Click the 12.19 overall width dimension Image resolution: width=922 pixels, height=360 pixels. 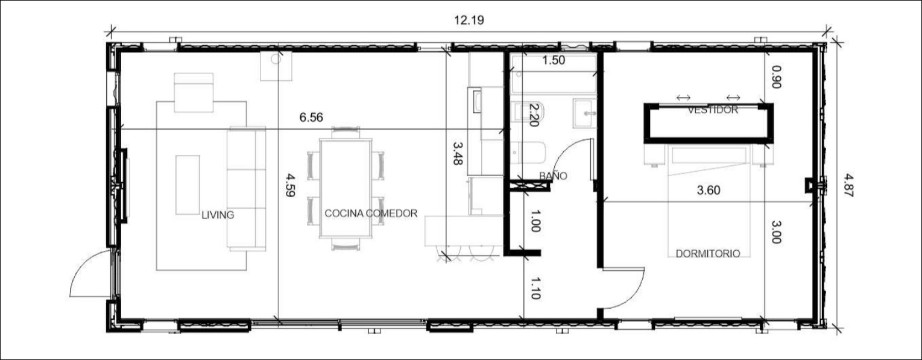(469, 20)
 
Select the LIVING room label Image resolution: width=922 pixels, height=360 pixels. (218, 215)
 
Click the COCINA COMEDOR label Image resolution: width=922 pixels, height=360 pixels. (371, 213)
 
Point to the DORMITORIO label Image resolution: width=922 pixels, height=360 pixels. (707, 254)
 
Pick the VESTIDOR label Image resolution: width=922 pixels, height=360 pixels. (713, 110)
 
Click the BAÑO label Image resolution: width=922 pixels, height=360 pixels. (553, 176)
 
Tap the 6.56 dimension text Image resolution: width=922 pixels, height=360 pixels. (311, 118)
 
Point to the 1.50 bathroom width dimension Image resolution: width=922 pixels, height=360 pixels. (554, 60)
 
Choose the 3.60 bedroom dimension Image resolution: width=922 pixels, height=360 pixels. (709, 191)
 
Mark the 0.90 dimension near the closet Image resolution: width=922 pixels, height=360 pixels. (776, 77)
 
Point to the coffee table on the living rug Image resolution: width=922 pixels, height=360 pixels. (188, 184)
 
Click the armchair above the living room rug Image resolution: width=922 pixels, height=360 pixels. (194, 92)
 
